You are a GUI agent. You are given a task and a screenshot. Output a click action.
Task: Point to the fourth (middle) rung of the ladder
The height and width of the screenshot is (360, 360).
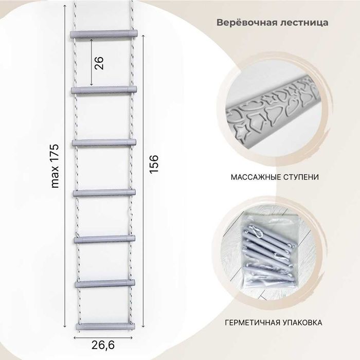[x=105, y=192]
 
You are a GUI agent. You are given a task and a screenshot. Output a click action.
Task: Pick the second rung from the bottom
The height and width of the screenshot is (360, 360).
[x=105, y=283]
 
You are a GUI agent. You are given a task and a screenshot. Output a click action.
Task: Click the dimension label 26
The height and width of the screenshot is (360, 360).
[x=100, y=63]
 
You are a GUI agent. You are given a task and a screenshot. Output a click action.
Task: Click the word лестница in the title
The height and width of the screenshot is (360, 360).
[x=307, y=23]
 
